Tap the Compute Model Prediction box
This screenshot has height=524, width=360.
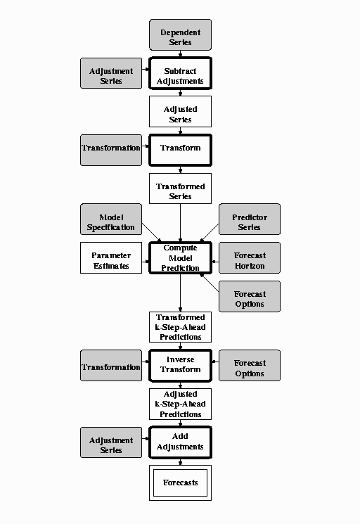click(180, 258)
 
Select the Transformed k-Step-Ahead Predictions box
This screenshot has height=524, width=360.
click(180, 328)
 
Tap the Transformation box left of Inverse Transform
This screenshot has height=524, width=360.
click(110, 366)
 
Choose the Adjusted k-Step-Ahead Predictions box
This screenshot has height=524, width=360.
click(180, 404)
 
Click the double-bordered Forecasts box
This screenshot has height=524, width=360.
click(180, 483)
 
